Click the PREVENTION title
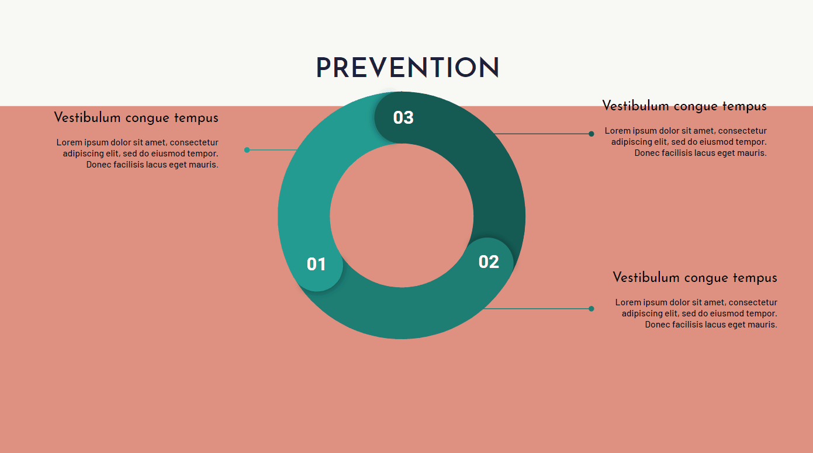click(407, 68)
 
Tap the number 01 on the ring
click(316, 264)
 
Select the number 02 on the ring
click(489, 262)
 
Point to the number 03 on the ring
click(403, 117)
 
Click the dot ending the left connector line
click(247, 150)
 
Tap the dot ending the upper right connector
click(591, 134)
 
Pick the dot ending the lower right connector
click(591, 309)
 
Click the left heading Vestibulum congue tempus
click(136, 118)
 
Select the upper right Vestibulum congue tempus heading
click(684, 106)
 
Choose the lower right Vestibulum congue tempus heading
click(695, 278)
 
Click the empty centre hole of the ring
click(402, 215)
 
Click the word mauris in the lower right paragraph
click(763, 325)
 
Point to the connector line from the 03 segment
click(542, 134)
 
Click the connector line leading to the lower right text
click(537, 309)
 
